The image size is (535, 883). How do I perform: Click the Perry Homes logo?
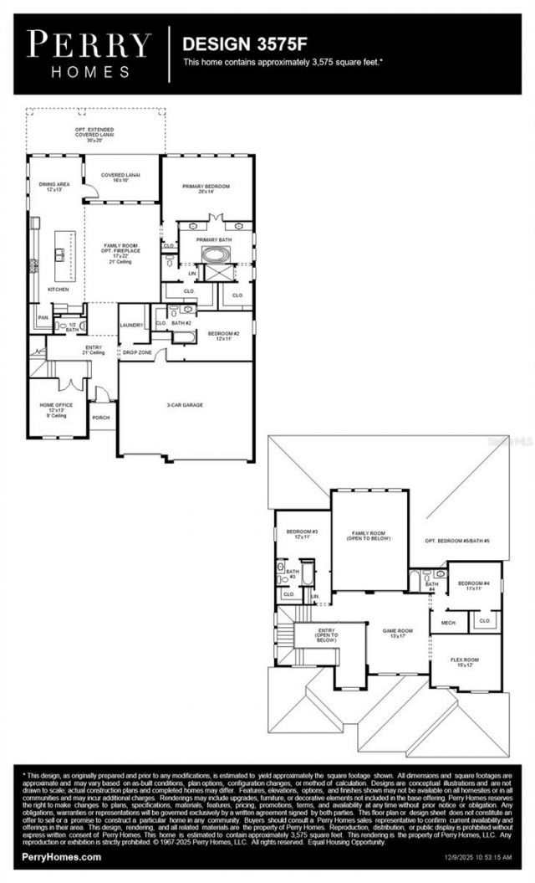[89, 54]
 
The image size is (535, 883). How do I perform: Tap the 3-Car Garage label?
[185, 405]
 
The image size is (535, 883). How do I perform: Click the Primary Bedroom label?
[206, 188]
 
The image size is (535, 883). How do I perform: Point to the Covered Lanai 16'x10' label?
[120, 177]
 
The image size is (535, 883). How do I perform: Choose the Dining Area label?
[53, 186]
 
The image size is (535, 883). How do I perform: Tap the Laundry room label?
[132, 325]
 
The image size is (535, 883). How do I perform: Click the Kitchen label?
[57, 289]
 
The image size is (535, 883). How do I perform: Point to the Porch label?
[100, 417]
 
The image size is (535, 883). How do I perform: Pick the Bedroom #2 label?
[224, 336]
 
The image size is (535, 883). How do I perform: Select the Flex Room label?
[465, 663]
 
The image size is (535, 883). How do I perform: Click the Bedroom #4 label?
[474, 585]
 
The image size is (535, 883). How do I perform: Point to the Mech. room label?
[448, 623]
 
